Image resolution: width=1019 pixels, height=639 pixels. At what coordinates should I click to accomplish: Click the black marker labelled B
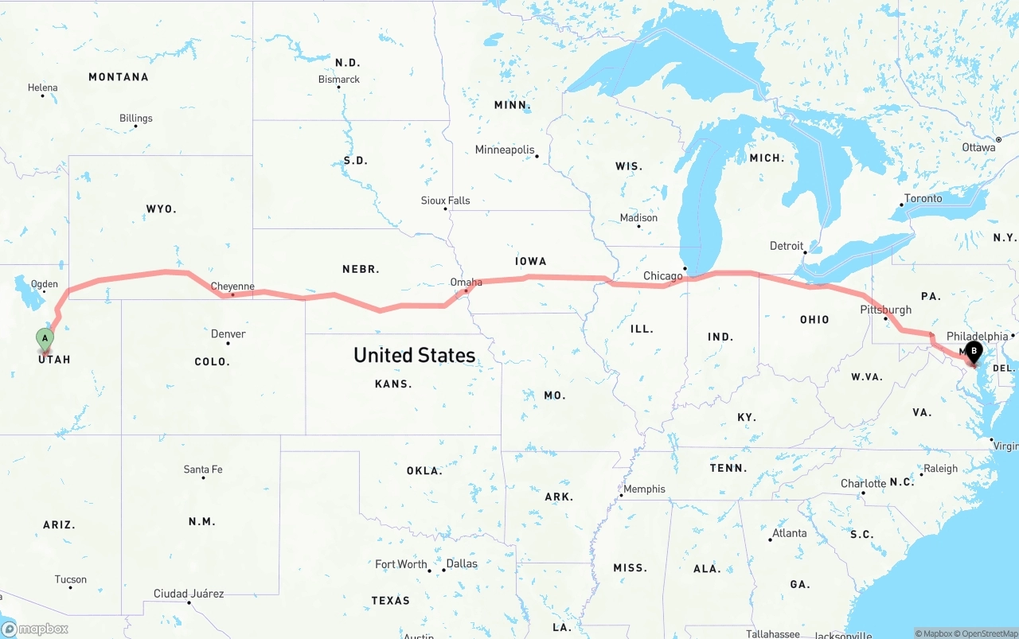pyautogui.click(x=974, y=351)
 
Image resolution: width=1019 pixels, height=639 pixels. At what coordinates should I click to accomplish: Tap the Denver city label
pyautogui.click(x=228, y=334)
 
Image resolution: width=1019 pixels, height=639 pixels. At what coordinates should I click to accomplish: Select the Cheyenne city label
pyautogui.click(x=232, y=286)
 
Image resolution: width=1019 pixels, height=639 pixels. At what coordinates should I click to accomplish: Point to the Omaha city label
pyautogui.click(x=466, y=282)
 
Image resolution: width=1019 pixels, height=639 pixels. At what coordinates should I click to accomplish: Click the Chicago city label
pyautogui.click(x=663, y=276)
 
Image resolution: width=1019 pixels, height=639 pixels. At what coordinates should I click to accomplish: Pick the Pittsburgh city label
pyautogui.click(x=886, y=310)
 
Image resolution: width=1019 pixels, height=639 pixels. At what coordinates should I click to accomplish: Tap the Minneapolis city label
pyautogui.click(x=505, y=150)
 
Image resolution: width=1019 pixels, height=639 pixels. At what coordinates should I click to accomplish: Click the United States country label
pyautogui.click(x=414, y=355)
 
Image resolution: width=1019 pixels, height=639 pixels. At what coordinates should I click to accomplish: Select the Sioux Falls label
pyautogui.click(x=445, y=201)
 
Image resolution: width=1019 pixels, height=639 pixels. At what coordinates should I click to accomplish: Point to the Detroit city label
pyautogui.click(x=787, y=246)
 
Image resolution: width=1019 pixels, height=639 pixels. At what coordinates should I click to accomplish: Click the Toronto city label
pyautogui.click(x=923, y=198)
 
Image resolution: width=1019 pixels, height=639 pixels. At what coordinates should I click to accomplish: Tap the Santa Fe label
pyautogui.click(x=203, y=470)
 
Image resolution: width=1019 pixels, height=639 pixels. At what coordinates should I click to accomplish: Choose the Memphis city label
pyautogui.click(x=644, y=489)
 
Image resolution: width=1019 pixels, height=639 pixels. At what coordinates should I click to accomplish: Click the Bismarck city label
pyautogui.click(x=339, y=80)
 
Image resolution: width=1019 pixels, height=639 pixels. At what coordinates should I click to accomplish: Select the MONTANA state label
pyautogui.click(x=118, y=77)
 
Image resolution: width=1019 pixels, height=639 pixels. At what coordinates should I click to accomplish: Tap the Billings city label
pyautogui.click(x=136, y=119)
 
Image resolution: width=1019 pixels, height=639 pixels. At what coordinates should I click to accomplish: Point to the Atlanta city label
pyautogui.click(x=789, y=533)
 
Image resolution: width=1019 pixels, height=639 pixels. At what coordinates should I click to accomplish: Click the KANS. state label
pyautogui.click(x=393, y=384)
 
